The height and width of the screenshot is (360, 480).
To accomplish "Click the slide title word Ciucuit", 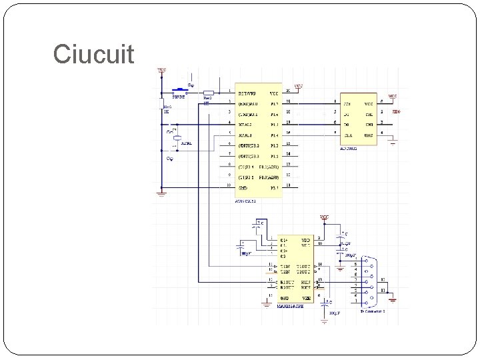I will [93, 53].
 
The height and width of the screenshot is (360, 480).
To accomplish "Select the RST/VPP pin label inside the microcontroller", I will [247, 93].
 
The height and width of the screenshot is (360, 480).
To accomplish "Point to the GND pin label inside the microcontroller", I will [243, 188].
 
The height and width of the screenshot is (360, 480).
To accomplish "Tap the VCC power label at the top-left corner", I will [162, 69].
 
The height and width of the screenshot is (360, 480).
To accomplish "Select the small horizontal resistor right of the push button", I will [208, 93].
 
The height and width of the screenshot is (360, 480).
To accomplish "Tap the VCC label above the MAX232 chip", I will [324, 217].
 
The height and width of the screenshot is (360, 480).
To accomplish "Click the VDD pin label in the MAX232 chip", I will [305, 239].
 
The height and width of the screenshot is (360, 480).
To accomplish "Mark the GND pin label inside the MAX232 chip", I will [285, 297].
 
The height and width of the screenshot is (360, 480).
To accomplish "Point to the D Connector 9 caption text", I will [373, 311].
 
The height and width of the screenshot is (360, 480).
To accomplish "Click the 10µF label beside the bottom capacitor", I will [335, 311].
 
